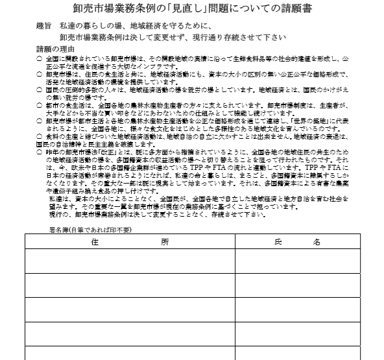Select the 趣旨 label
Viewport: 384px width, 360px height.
pyautogui.click(x=46, y=27)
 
